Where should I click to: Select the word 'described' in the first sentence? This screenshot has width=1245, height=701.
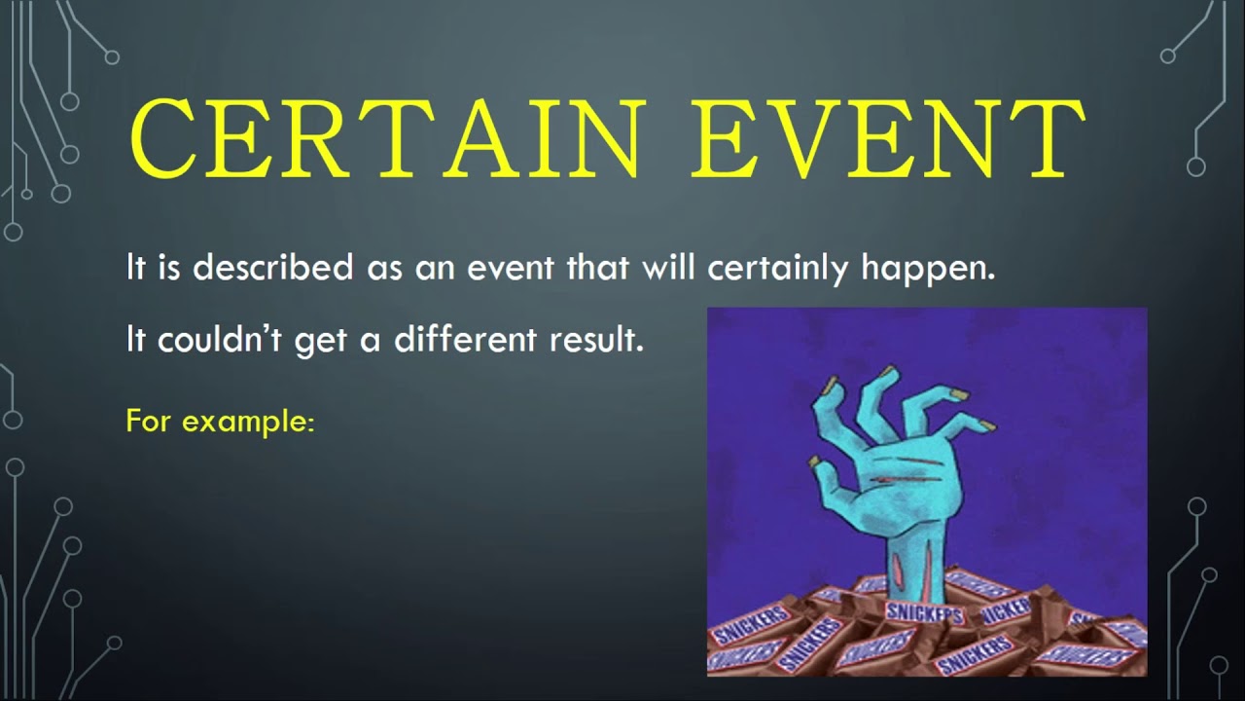click(272, 267)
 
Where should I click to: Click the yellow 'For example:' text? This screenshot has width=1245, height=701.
click(221, 423)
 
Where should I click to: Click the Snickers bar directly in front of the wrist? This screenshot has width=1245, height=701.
click(923, 614)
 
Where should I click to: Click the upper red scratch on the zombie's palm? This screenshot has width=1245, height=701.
click(890, 476)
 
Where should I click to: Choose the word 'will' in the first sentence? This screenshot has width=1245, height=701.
click(669, 267)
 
